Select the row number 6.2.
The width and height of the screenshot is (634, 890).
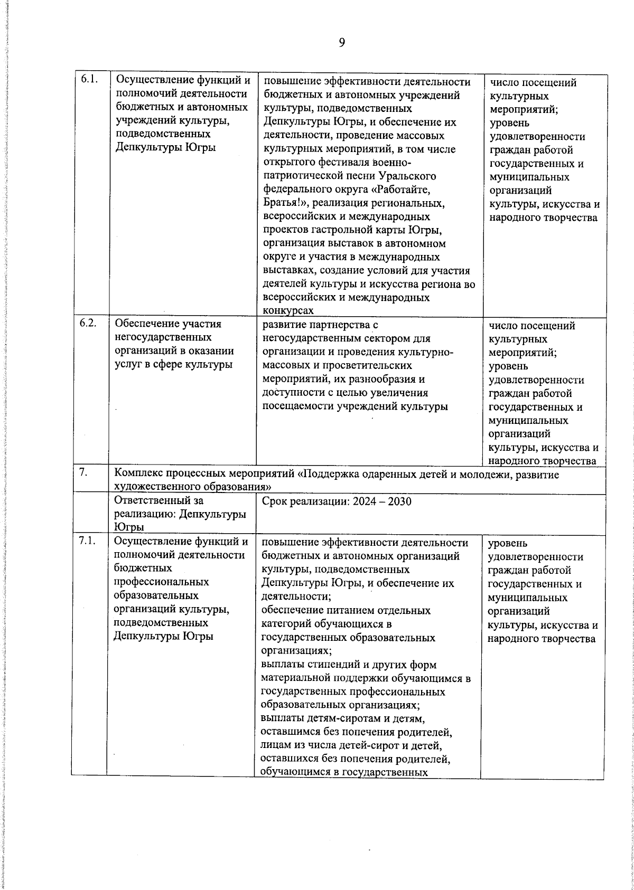[x=88, y=324]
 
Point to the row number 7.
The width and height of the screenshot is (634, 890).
[x=83, y=472]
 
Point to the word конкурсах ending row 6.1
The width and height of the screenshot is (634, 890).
[x=288, y=311]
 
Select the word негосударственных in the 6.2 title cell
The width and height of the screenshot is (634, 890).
[x=163, y=337]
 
